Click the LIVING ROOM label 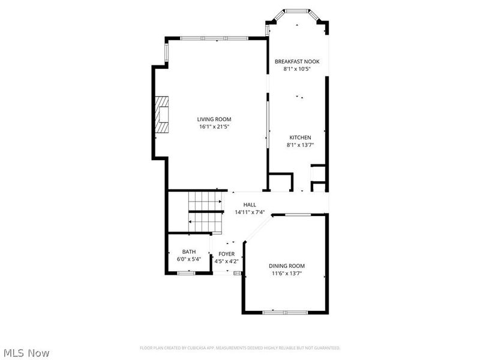(214, 119)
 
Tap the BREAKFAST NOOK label (297, 62)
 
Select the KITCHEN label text (301, 138)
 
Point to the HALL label (250, 205)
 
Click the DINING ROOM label (287, 266)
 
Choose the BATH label (189, 252)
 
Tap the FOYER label (227, 254)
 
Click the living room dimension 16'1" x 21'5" (214, 127)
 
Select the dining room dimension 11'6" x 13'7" (287, 274)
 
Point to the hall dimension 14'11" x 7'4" (250, 212)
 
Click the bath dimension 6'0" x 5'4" (189, 259)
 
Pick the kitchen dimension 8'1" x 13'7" (301, 145)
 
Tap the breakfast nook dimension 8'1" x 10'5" (297, 69)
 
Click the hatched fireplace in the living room (161, 115)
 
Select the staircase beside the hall (206, 212)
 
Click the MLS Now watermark (26, 353)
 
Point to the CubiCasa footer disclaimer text (240, 348)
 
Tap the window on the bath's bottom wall (187, 273)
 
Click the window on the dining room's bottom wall (286, 313)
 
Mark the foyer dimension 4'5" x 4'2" (227, 262)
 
